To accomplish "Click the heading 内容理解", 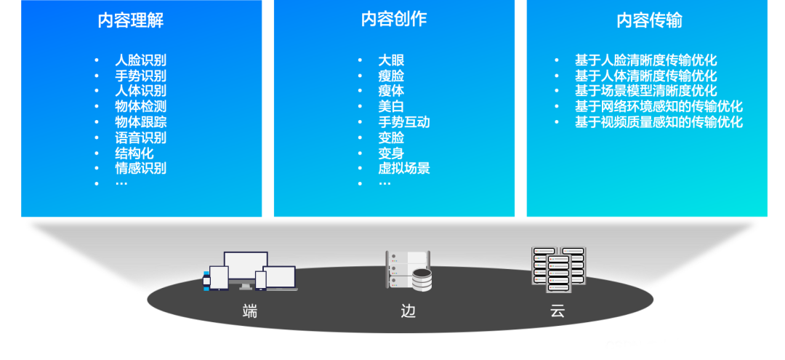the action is (x=131, y=20).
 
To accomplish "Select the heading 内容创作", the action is (x=393, y=20).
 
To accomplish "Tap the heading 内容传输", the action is (x=649, y=20).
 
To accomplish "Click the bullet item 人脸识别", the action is (x=141, y=60).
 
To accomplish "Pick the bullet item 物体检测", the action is (x=141, y=106).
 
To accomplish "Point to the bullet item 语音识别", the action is (x=141, y=137).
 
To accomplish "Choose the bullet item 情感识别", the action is (x=141, y=168).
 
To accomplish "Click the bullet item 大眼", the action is (x=391, y=60).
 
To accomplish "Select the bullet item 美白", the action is (x=391, y=106).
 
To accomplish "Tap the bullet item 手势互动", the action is (x=404, y=122).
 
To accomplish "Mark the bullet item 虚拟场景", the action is (x=404, y=168).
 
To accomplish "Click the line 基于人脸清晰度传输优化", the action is (x=645, y=60).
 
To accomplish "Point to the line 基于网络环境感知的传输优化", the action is (x=659, y=106).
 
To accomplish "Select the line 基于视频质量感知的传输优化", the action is (x=659, y=122).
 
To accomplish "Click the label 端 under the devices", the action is (x=250, y=312).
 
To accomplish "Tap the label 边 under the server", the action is (x=408, y=312).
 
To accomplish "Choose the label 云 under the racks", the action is (x=557, y=312).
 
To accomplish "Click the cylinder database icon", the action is (x=422, y=280).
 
